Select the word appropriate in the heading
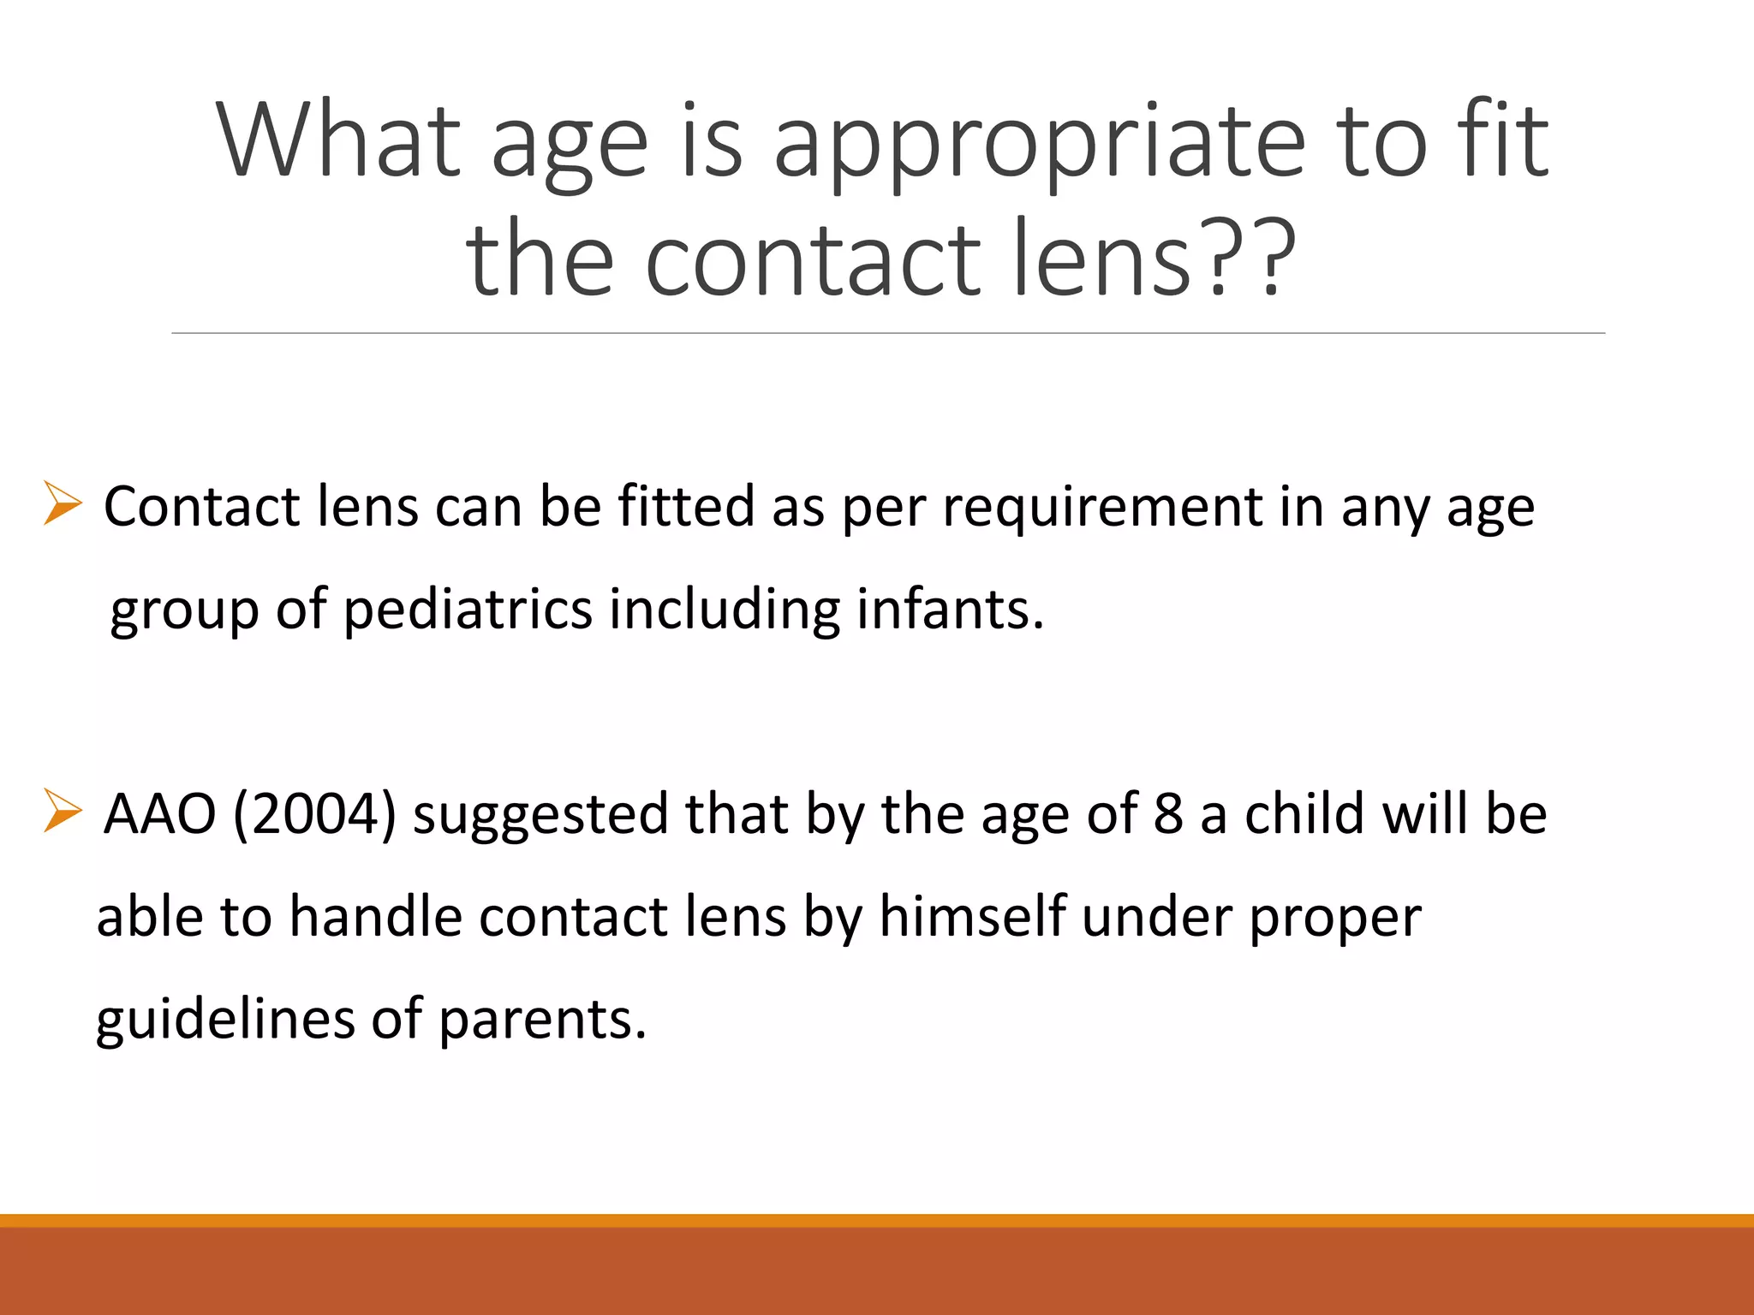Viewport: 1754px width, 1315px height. point(1039,144)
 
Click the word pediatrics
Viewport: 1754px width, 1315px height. point(468,610)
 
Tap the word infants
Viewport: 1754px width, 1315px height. point(950,610)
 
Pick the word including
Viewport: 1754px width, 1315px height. point(725,611)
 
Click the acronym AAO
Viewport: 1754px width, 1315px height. point(159,814)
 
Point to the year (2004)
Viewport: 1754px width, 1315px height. point(314,814)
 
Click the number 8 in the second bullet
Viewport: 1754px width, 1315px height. point(1168,814)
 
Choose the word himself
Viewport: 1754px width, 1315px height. point(973,917)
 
